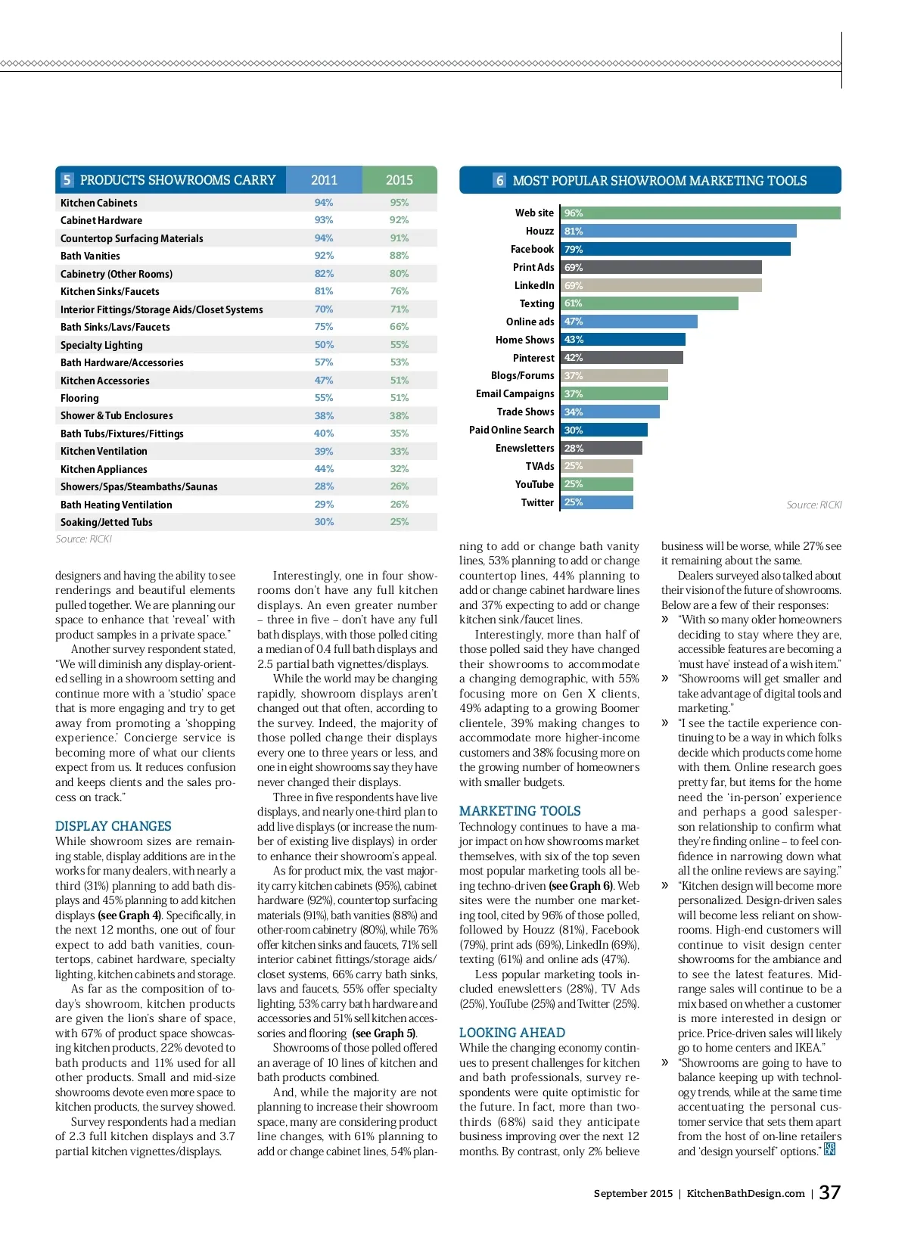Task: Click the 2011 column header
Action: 324,180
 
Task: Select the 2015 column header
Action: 400,180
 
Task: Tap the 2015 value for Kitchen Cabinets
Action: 400,203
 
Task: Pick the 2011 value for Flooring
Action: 324,398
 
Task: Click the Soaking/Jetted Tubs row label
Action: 107,522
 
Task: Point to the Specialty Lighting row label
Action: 101,345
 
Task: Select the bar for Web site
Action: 700,213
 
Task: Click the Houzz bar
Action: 678,232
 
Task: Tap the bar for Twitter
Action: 596,502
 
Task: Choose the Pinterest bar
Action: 621,358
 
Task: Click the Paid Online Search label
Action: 512,430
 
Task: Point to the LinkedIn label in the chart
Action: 534,285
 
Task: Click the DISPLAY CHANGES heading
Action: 113,826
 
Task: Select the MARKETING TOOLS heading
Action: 520,811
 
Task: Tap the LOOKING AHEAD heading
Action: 512,1033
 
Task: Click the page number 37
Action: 830,1192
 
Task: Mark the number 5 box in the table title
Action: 67,180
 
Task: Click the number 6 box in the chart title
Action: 499,181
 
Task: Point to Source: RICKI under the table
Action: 83,539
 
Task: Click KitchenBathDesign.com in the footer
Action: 745,1194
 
